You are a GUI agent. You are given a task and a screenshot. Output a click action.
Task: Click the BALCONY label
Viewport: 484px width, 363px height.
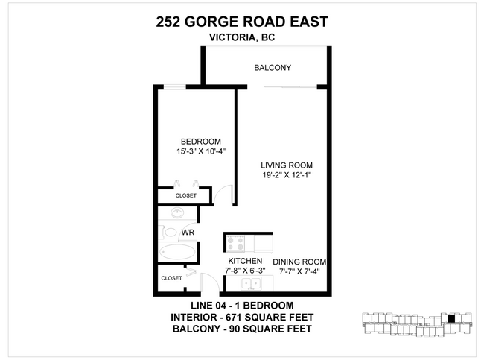(272, 68)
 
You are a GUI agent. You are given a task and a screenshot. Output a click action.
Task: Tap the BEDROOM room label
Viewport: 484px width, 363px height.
(201, 142)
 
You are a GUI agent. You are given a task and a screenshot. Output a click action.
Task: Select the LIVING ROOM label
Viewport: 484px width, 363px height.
(286, 165)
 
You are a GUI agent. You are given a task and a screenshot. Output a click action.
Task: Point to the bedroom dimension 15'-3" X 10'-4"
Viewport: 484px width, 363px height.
(201, 152)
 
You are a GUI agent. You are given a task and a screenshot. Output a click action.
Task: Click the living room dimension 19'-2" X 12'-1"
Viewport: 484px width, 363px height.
(286, 176)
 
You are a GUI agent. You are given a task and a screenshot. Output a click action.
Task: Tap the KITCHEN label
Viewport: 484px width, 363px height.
(246, 261)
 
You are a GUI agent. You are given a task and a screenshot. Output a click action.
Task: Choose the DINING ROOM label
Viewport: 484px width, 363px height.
(300, 262)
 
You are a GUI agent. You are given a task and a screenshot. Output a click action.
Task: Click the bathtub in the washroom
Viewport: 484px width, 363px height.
(177, 253)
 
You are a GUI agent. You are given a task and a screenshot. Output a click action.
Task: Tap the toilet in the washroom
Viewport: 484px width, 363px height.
(170, 232)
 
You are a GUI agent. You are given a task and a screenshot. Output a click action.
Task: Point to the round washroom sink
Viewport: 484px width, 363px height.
(176, 214)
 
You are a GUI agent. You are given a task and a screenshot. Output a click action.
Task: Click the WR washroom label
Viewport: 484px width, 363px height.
(188, 233)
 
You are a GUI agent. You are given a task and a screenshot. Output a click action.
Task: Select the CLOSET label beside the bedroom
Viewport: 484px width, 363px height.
(185, 196)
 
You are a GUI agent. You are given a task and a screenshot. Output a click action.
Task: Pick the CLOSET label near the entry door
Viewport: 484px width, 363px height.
(171, 278)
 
